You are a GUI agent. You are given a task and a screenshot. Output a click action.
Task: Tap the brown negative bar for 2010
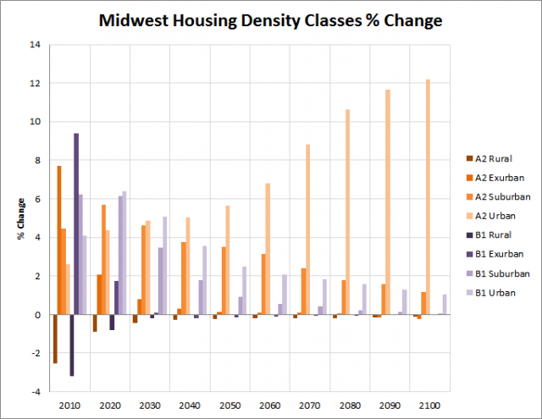click(x=55, y=339)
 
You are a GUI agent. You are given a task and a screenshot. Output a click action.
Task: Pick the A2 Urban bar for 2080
click(x=347, y=212)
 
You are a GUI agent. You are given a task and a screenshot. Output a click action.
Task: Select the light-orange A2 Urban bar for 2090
click(x=388, y=202)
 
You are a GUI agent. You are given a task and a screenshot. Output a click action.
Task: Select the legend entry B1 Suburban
click(x=497, y=273)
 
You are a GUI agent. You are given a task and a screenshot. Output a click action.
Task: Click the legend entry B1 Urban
click(x=493, y=293)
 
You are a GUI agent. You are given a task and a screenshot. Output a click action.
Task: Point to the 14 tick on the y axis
click(x=36, y=44)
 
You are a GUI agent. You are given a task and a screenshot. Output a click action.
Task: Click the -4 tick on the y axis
click(x=36, y=392)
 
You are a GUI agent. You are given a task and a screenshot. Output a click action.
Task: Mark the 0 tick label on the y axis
click(x=38, y=315)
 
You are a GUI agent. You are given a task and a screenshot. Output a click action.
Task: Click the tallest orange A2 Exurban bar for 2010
click(x=58, y=240)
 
